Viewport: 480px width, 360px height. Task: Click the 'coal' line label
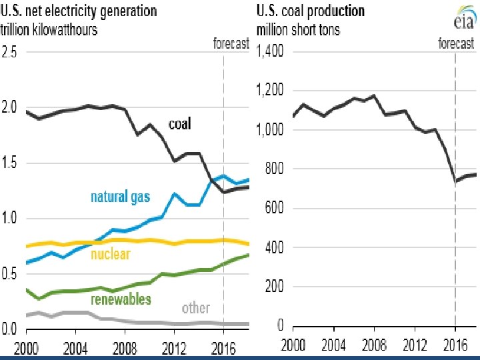click(179, 124)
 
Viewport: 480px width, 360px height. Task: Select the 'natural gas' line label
click(121, 197)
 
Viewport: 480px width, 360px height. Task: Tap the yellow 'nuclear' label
click(110, 254)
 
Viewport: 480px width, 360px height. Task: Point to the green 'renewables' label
click(121, 299)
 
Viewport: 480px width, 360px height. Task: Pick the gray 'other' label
click(196, 308)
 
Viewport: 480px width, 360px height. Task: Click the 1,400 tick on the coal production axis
click(270, 51)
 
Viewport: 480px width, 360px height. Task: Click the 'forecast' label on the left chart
click(231, 44)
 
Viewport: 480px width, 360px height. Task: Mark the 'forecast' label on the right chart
click(456, 44)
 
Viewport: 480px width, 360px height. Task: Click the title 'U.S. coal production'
click(311, 11)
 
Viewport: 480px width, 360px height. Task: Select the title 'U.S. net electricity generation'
click(80, 11)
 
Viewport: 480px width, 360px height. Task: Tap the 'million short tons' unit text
click(298, 30)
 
